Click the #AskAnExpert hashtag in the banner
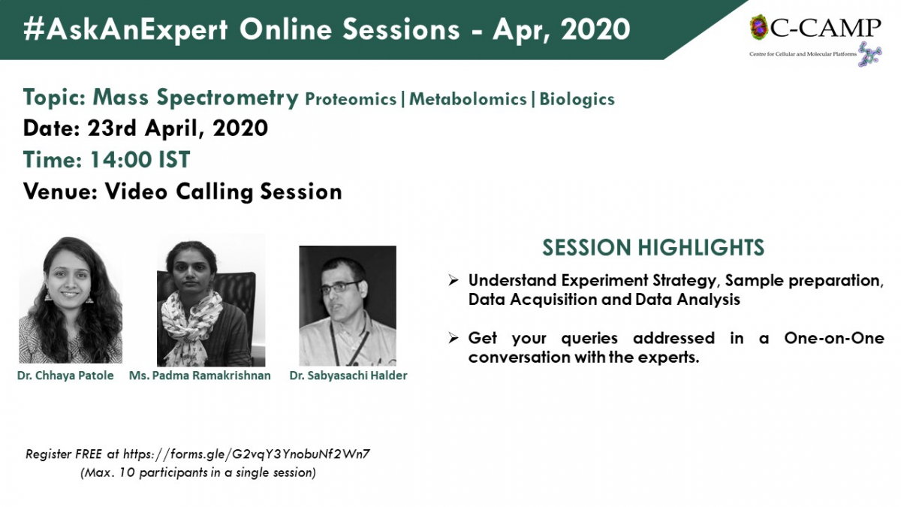(x=126, y=29)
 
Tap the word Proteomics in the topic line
(x=351, y=99)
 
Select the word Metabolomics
(x=468, y=99)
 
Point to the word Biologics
(x=577, y=99)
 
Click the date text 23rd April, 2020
(x=177, y=128)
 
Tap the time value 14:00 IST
(x=140, y=159)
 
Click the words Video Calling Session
(x=223, y=192)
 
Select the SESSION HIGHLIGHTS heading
(x=653, y=247)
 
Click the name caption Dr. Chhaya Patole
(x=65, y=376)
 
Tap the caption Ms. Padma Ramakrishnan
(x=200, y=376)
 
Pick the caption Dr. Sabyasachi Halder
(x=348, y=376)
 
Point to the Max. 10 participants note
(x=198, y=472)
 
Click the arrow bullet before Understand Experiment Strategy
(x=454, y=280)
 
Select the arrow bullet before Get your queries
(x=454, y=339)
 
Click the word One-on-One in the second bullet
(x=834, y=338)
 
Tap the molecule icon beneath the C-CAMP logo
(x=870, y=54)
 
